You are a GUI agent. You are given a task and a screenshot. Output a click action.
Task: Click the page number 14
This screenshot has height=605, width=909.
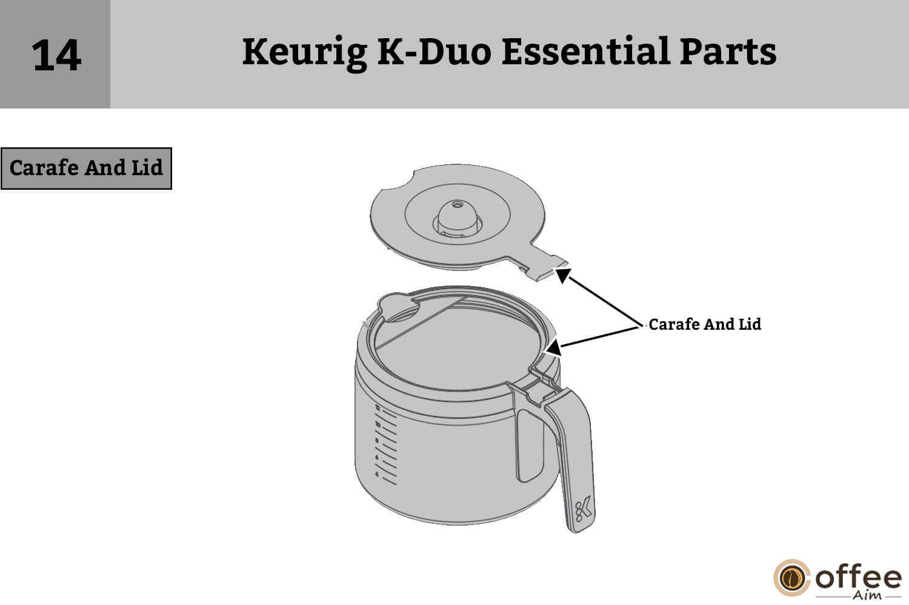pyautogui.click(x=56, y=55)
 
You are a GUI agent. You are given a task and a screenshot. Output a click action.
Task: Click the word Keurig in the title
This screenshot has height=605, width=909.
pyautogui.click(x=304, y=52)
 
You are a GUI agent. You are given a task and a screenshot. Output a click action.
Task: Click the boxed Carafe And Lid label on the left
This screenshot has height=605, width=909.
pyautogui.click(x=86, y=168)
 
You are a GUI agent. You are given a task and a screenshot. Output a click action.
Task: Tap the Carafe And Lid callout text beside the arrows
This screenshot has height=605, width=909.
pyautogui.click(x=705, y=324)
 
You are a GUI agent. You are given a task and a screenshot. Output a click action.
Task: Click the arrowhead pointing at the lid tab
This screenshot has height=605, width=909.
pyautogui.click(x=562, y=275)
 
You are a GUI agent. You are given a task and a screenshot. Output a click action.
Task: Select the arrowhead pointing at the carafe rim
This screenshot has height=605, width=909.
pyautogui.click(x=553, y=348)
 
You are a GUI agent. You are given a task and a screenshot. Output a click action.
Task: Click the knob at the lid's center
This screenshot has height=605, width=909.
pyautogui.click(x=456, y=216)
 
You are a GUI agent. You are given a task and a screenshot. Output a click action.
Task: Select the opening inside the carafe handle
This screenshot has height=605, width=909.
pyautogui.click(x=530, y=446)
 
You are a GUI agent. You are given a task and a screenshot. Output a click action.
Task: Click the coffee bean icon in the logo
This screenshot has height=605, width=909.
pyautogui.click(x=791, y=578)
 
